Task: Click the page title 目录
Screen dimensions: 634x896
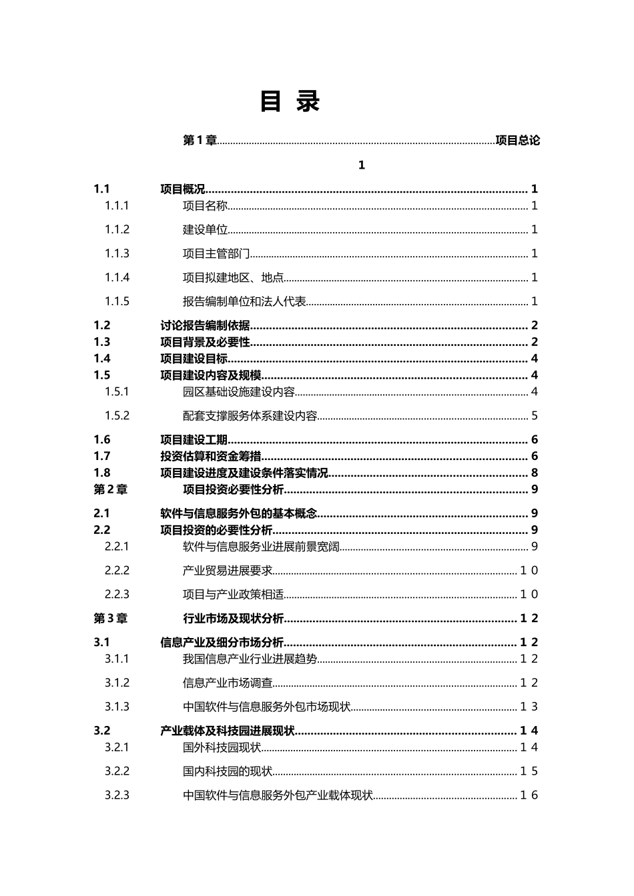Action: [x=290, y=102]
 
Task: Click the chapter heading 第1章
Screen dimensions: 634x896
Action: [x=200, y=141]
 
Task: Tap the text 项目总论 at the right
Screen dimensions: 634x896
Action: [x=518, y=141]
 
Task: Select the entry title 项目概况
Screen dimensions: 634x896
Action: [x=183, y=189]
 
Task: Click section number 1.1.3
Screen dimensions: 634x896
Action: [x=117, y=253]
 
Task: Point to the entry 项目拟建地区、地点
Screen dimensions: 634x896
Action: [x=233, y=277]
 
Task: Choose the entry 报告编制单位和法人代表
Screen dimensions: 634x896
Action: [x=244, y=301]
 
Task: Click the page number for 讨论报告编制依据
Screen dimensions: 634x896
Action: [x=535, y=325]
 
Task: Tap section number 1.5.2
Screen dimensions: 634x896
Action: [x=117, y=415]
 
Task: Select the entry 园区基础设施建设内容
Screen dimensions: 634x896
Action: [x=238, y=392]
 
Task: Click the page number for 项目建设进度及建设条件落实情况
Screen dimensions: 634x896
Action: [x=535, y=473]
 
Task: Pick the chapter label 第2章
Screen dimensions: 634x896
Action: [x=110, y=489]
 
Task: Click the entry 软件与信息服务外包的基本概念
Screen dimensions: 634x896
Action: [x=238, y=513]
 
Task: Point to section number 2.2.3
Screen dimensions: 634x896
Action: [x=117, y=594]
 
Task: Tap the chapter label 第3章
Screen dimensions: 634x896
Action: [x=110, y=618]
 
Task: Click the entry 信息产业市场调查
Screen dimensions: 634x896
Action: [x=228, y=683]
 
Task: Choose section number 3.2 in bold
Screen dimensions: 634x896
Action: [x=102, y=731]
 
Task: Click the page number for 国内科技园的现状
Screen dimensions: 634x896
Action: [x=529, y=771]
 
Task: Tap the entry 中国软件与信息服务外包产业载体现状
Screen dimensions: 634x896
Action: [x=278, y=795]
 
